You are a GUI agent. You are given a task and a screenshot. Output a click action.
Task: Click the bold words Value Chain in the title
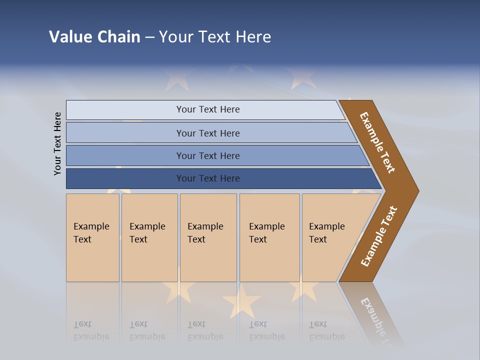click(94, 37)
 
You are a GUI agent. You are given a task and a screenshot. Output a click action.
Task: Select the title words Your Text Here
click(215, 37)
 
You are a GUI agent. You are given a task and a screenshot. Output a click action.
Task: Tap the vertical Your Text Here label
click(58, 144)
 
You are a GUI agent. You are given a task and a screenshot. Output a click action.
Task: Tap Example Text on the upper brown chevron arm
click(377, 142)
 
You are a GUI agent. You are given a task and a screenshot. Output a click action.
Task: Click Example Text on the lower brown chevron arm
click(379, 236)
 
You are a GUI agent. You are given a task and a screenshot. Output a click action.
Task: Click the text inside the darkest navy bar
click(208, 178)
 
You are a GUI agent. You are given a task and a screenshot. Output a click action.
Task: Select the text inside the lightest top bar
click(208, 109)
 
